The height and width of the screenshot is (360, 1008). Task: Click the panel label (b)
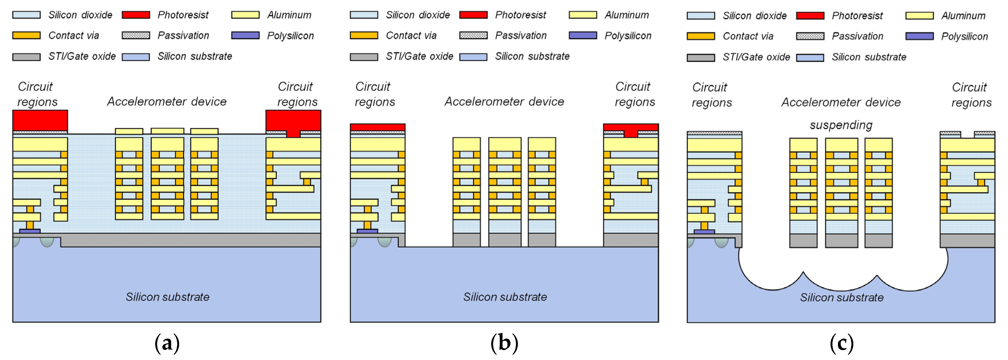click(x=504, y=344)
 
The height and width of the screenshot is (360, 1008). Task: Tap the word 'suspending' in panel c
click(x=841, y=125)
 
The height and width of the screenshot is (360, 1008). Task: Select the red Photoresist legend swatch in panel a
click(x=136, y=15)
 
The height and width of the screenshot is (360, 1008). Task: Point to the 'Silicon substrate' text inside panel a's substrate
click(x=168, y=297)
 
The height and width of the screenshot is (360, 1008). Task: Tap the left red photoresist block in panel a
click(x=40, y=121)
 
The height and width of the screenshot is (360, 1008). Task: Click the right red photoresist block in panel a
click(x=293, y=121)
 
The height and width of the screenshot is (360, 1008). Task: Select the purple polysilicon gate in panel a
click(x=30, y=231)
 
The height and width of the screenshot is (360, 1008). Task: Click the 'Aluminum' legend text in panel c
click(x=963, y=16)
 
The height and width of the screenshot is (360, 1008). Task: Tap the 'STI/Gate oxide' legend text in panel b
click(x=420, y=56)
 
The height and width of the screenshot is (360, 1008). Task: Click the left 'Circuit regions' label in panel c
click(x=711, y=95)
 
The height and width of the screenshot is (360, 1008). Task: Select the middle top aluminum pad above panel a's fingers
click(x=168, y=131)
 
